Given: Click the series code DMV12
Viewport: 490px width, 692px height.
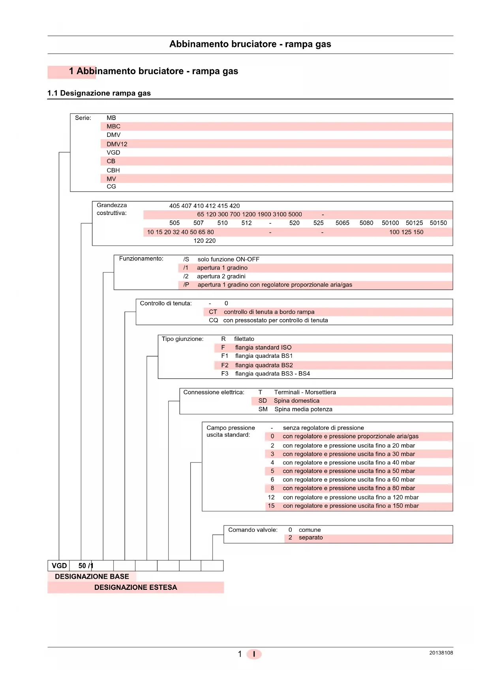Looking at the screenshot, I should pyautogui.click(x=117, y=144).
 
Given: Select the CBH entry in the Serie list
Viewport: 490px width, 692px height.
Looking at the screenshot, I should pyautogui.click(x=113, y=170).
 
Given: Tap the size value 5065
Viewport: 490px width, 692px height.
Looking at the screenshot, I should pyautogui.click(x=342, y=223).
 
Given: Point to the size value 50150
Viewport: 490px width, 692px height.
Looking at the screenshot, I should pyautogui.click(x=438, y=223).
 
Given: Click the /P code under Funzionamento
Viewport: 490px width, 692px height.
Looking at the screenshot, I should pyautogui.click(x=186, y=285).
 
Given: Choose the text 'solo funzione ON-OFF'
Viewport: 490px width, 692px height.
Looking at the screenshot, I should pyautogui.click(x=228, y=259).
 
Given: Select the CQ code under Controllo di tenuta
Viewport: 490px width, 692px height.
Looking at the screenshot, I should pyautogui.click(x=213, y=320).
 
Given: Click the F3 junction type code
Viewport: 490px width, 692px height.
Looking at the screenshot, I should pyautogui.click(x=225, y=374).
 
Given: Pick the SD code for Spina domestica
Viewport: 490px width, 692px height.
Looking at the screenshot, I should pyautogui.click(x=263, y=401).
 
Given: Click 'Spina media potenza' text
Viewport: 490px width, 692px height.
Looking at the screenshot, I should pyautogui.click(x=303, y=409).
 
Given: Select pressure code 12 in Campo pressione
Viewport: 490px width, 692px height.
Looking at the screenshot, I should pyautogui.click(x=271, y=497).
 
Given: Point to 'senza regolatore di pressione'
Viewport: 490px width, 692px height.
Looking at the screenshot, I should pyautogui.click(x=323, y=428).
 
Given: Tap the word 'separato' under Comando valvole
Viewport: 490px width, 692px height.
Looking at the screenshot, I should pyautogui.click(x=311, y=538).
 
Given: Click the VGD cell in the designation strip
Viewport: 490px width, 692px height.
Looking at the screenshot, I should pyautogui.click(x=59, y=566).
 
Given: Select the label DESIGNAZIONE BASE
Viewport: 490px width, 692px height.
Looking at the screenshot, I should pyautogui.click(x=92, y=576).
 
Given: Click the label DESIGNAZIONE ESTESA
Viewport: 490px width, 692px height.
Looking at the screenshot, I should pyautogui.click(x=135, y=587).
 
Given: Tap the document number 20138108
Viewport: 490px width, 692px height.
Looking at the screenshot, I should pyautogui.click(x=441, y=653).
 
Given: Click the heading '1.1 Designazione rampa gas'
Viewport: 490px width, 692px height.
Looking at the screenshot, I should pyautogui.click(x=99, y=93).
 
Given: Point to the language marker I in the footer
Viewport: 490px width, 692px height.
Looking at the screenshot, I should pyautogui.click(x=254, y=654).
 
